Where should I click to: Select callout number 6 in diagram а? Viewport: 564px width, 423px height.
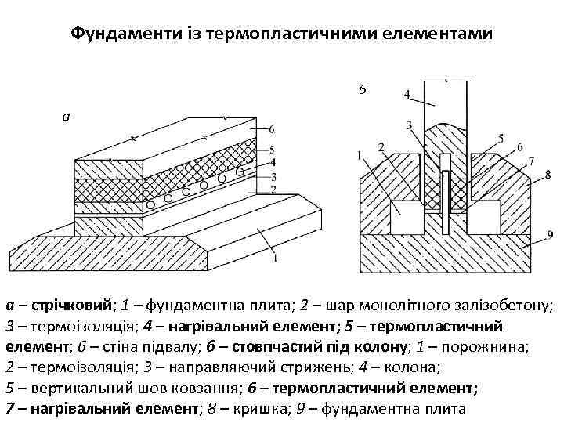click(270, 128)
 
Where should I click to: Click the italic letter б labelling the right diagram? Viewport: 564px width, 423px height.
click(361, 89)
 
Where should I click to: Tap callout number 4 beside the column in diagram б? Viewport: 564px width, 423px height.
click(407, 95)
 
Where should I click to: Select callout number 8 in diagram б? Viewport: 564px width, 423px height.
click(548, 174)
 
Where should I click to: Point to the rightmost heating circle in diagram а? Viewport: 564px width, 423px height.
click(240, 172)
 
